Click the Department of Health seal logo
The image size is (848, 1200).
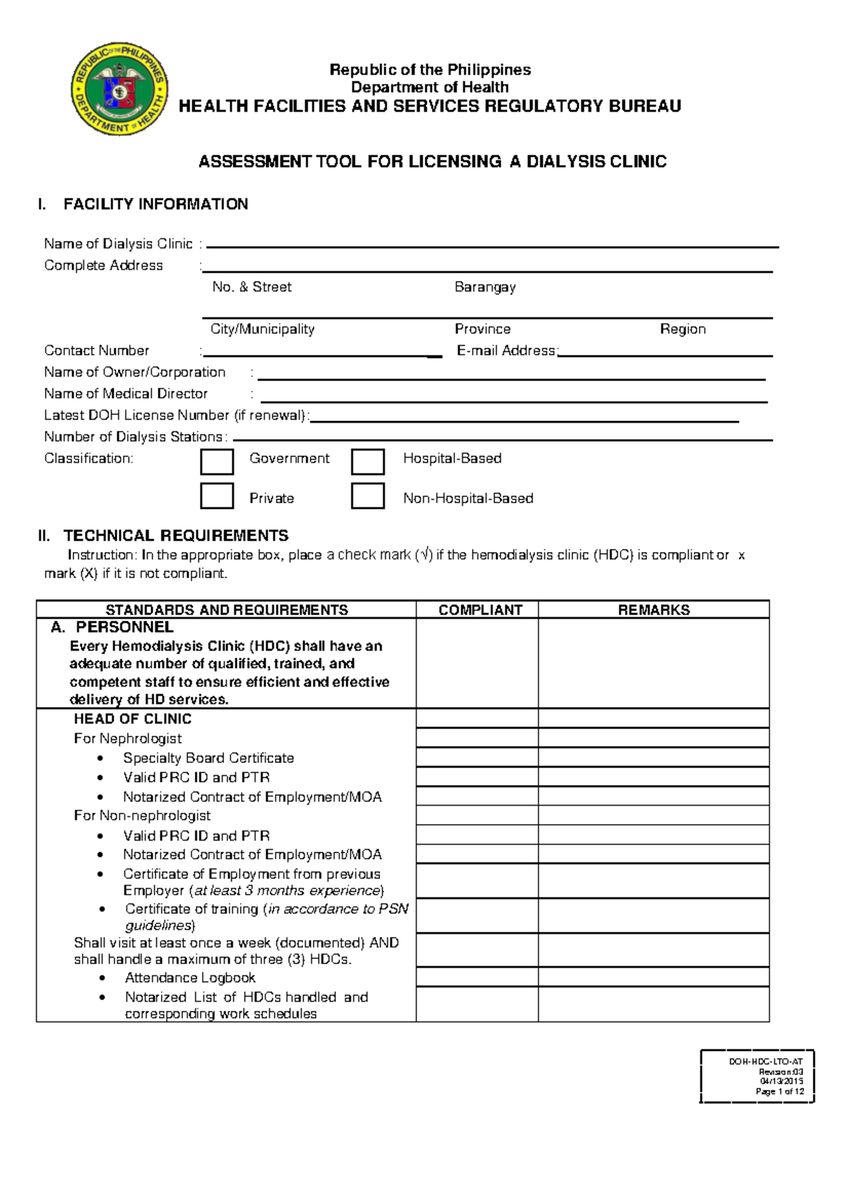point(120,89)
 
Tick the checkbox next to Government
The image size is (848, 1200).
point(217,461)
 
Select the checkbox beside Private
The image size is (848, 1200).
point(217,496)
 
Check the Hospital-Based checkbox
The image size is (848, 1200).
point(367,461)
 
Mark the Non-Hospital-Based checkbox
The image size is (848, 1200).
point(367,496)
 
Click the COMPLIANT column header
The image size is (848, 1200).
point(480,610)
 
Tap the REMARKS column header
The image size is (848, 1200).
point(654,610)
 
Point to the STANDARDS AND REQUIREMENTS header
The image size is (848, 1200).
point(226,610)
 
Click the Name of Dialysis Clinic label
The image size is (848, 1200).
point(118,244)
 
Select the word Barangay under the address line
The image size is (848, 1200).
point(485,287)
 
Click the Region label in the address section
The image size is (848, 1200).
point(683,329)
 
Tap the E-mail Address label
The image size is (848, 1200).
point(506,351)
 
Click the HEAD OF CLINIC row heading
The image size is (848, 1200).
point(132,719)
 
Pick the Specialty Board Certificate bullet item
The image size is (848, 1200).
point(208,758)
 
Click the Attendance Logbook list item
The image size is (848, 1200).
point(190,977)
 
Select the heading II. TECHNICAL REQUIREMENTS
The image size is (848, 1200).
point(163,535)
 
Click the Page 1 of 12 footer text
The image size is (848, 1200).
point(779,1091)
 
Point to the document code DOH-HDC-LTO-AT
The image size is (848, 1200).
point(765,1061)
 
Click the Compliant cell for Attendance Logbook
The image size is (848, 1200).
point(477,977)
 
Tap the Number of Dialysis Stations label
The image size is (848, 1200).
point(135,437)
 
